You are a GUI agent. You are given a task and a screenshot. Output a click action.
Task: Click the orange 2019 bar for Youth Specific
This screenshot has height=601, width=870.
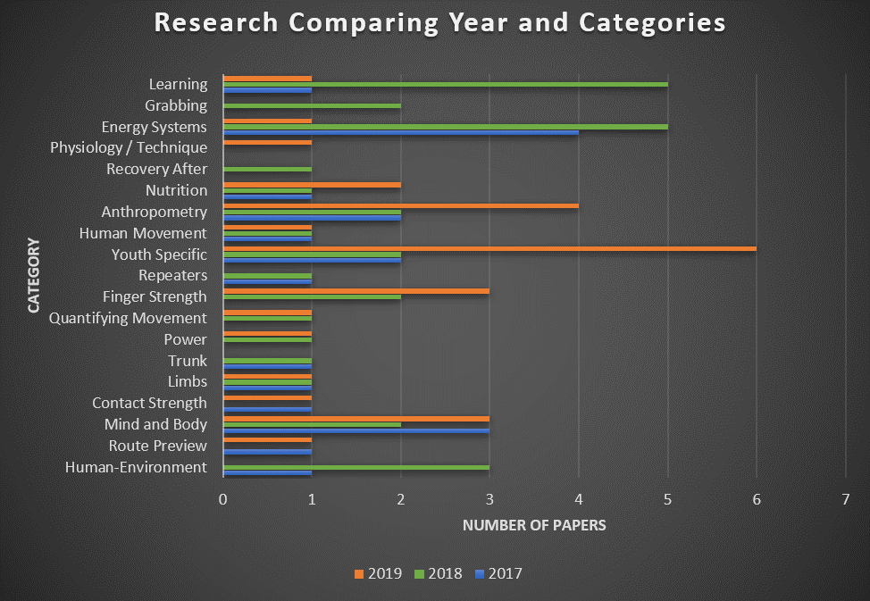pyautogui.click(x=489, y=248)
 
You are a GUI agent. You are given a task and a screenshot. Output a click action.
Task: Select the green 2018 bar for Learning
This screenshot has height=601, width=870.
pyautogui.click(x=445, y=84)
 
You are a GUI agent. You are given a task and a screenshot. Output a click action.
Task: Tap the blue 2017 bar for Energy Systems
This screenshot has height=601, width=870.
pyautogui.click(x=400, y=132)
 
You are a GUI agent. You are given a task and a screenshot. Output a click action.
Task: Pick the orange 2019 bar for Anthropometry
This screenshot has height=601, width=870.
pyautogui.click(x=400, y=206)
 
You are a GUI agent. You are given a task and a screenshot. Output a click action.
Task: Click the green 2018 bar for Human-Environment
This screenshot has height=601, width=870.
pyautogui.click(x=356, y=467)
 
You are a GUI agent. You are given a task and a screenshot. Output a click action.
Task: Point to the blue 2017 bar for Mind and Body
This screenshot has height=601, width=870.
pyautogui.click(x=356, y=430)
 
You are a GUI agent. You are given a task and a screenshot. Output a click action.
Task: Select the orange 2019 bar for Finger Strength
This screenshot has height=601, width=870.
pyautogui.click(x=356, y=291)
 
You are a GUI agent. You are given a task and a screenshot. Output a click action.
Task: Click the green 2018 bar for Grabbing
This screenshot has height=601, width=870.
pyautogui.click(x=311, y=105)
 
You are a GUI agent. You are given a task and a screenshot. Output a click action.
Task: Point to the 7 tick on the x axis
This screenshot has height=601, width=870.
pyautogui.click(x=845, y=500)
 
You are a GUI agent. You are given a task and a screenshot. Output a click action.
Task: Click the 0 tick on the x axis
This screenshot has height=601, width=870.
pyautogui.click(x=222, y=500)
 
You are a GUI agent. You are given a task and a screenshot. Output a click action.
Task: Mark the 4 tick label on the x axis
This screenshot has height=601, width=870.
pyautogui.click(x=578, y=500)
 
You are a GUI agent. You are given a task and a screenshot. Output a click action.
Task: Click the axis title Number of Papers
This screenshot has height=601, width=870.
pyautogui.click(x=533, y=525)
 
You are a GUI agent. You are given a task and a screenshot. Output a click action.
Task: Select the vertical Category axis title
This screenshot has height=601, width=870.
pyautogui.click(x=34, y=275)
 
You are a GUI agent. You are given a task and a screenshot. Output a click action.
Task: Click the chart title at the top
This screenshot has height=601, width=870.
pyautogui.click(x=439, y=23)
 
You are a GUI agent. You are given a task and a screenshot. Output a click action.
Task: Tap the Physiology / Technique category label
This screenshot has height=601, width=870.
pyautogui.click(x=129, y=147)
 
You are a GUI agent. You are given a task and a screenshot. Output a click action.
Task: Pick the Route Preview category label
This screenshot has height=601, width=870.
pyautogui.click(x=157, y=446)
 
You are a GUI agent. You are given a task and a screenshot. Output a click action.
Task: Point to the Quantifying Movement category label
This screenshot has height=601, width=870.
pyautogui.click(x=128, y=318)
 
